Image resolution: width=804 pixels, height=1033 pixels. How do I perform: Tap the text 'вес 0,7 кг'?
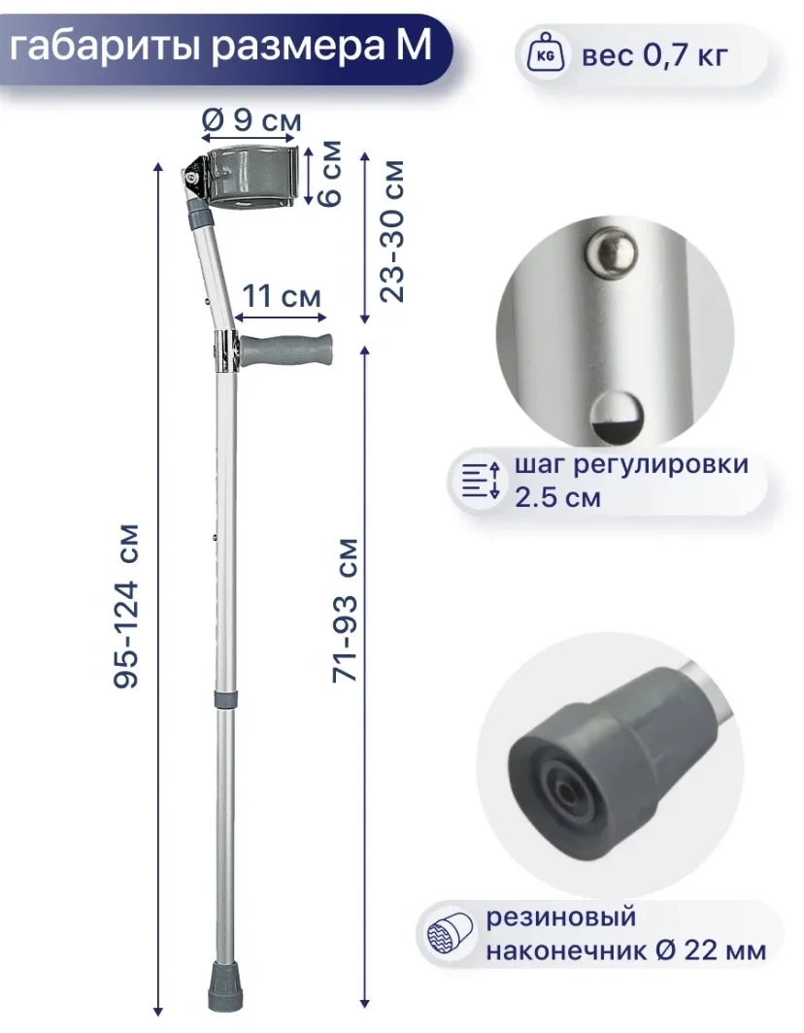(654, 54)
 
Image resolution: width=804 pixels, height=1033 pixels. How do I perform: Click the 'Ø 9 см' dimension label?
(251, 120)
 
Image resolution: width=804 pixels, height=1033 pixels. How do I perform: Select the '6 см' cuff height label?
(330, 173)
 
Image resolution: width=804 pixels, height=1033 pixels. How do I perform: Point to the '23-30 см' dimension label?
(392, 231)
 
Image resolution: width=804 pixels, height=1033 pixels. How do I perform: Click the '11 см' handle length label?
(282, 296)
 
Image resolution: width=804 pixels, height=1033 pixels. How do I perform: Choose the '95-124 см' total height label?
(126, 607)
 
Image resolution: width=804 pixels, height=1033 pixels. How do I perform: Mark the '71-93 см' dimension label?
(346, 610)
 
